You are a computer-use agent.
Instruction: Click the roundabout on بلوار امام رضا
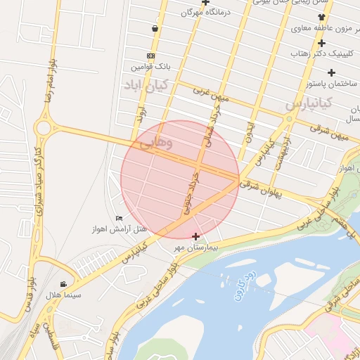[44, 129]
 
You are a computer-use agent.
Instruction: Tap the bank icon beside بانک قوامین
[150, 56]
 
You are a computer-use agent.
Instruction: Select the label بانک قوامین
[150, 67]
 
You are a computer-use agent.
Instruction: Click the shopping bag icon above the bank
[154, 29]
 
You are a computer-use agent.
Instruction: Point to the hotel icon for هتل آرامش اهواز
[118, 219]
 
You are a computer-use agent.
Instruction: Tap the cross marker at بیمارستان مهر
[195, 236]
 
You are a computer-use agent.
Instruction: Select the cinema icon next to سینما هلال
[64, 284]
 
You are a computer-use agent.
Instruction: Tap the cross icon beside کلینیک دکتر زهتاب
[321, 44]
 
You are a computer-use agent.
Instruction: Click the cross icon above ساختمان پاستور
[331, 72]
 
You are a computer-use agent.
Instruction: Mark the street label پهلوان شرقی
[259, 188]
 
